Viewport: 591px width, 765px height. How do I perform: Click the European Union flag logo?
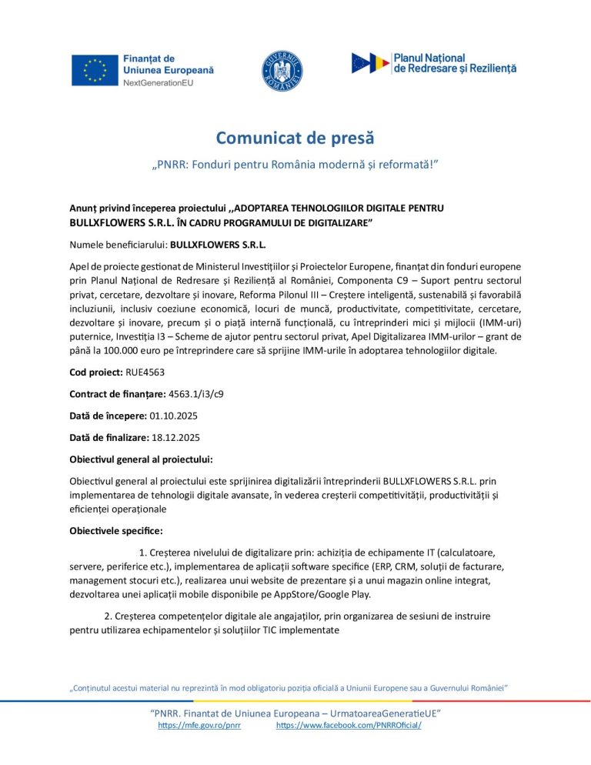point(94,70)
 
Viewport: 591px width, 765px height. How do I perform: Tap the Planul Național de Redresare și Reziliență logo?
point(433,63)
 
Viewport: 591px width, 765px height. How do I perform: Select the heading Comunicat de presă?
point(295,138)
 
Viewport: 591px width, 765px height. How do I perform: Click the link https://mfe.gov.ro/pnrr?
point(199,726)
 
